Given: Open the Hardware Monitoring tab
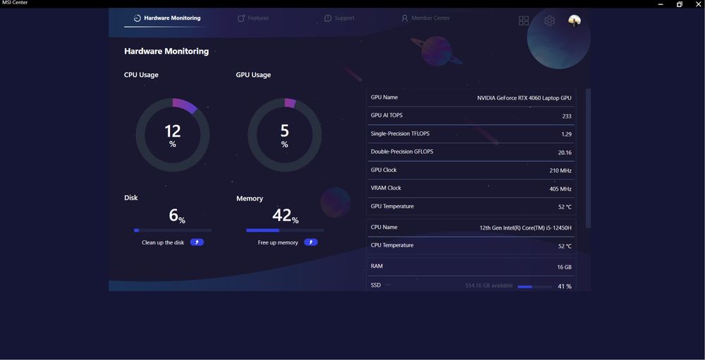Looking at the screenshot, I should point(167,18).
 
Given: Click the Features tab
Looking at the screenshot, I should point(253,18).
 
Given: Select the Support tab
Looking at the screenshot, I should point(339,18).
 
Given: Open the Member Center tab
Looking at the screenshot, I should point(425,18).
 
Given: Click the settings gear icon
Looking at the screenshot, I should point(549,21).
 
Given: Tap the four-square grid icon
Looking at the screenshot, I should point(524,21).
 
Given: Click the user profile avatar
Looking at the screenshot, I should point(575,21).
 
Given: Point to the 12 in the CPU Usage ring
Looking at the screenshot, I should point(173,131).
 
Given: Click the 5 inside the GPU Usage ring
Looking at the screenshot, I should point(285,130).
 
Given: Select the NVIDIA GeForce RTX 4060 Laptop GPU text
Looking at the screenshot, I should point(525,98).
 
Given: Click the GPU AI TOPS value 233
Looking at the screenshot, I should point(567,116).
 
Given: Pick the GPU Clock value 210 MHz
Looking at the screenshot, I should point(560,170).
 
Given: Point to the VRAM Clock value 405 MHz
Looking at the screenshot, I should point(560,189).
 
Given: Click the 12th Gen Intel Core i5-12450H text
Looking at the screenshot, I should point(525,228).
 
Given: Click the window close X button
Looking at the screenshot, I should point(699,4).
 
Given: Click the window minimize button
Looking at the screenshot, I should point(661,4).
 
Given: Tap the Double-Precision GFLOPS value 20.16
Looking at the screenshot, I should point(565,152).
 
